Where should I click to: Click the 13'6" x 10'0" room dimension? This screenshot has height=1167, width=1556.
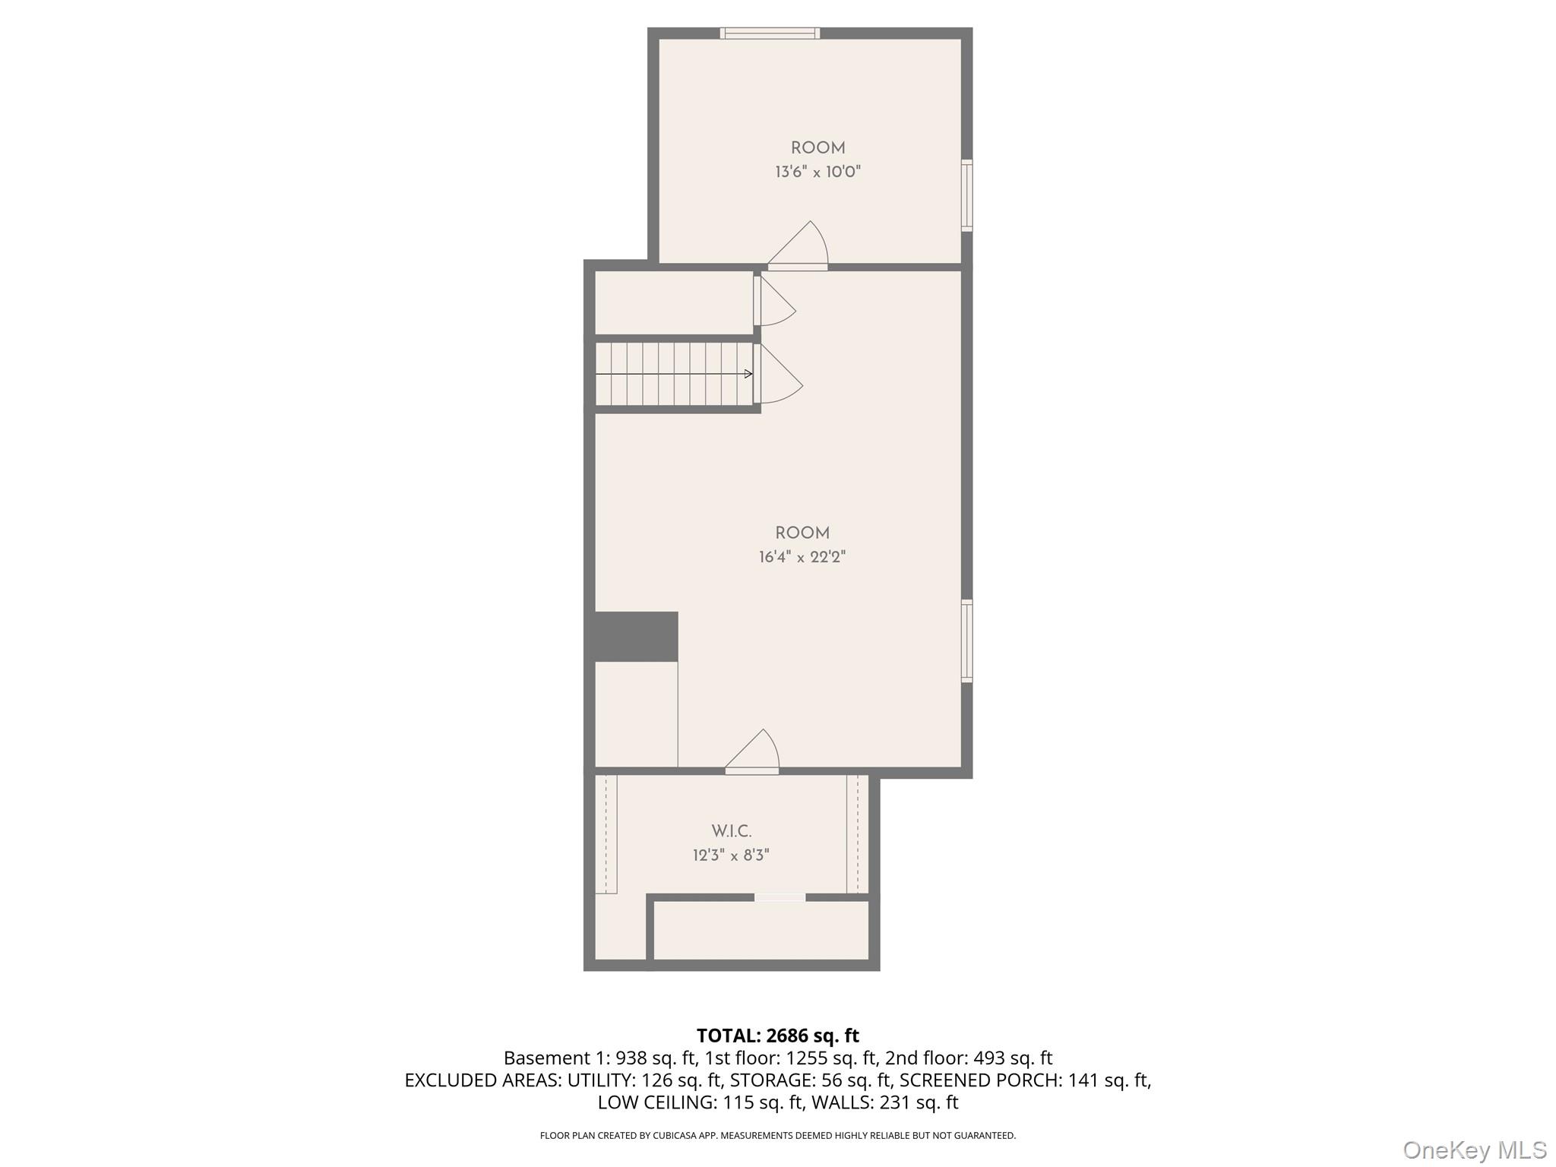pyautogui.click(x=818, y=172)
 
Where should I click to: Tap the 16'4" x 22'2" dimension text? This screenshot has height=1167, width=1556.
pyautogui.click(x=802, y=557)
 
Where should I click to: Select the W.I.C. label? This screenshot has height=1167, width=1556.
pyautogui.click(x=732, y=831)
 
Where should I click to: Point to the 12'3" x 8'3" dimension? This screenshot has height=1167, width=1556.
pyautogui.click(x=731, y=855)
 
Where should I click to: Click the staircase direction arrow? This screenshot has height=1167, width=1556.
pyautogui.click(x=674, y=374)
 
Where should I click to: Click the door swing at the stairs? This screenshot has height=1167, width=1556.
pyautogui.click(x=778, y=374)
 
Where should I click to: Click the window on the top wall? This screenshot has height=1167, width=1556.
pyautogui.click(x=770, y=33)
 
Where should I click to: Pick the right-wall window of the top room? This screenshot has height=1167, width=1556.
pyautogui.click(x=967, y=195)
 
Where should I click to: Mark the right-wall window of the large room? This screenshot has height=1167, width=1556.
pyautogui.click(x=967, y=641)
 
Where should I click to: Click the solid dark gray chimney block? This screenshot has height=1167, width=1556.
pyautogui.click(x=636, y=637)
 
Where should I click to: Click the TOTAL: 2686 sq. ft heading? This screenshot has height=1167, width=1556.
pyautogui.click(x=778, y=1036)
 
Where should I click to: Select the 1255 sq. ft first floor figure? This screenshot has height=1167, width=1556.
pyautogui.click(x=831, y=1058)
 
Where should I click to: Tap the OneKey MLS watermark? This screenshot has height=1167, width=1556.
pyautogui.click(x=1475, y=1150)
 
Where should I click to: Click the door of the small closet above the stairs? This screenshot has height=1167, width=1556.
pyautogui.click(x=774, y=301)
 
